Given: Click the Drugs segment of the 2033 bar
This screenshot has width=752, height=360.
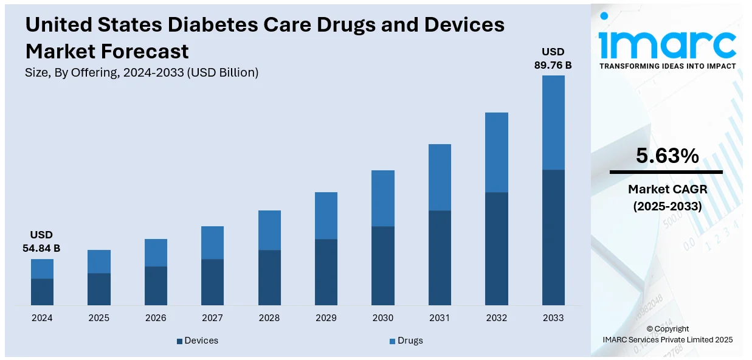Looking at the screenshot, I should point(553,122).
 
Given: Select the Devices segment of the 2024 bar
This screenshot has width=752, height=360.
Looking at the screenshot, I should point(42,292).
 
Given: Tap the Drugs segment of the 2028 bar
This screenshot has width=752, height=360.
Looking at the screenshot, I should point(269,230).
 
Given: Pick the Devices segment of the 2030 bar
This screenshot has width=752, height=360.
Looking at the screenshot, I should point(383,266).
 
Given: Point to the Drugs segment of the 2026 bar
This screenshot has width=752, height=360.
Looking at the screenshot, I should point(156,252).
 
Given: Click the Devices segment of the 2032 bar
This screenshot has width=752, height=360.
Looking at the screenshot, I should point(496,249).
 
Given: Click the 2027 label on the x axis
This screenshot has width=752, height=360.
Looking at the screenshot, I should point(212,318).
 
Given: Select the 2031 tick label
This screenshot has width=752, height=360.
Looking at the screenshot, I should point(440,318).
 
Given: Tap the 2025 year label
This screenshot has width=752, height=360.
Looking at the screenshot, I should point(98,318).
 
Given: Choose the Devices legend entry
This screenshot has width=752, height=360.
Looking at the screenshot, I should point(198,341).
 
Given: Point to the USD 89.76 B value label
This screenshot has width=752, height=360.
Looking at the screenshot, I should point(553,58).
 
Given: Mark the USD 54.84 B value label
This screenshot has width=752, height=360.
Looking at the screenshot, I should point(41,241).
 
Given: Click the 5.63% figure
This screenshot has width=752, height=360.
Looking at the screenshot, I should point(667,156).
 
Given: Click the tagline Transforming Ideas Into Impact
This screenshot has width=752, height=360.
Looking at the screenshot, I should point(667,66).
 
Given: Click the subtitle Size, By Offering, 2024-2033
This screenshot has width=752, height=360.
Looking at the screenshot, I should point(142,72).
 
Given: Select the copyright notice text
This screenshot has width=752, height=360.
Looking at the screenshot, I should point(667,334).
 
